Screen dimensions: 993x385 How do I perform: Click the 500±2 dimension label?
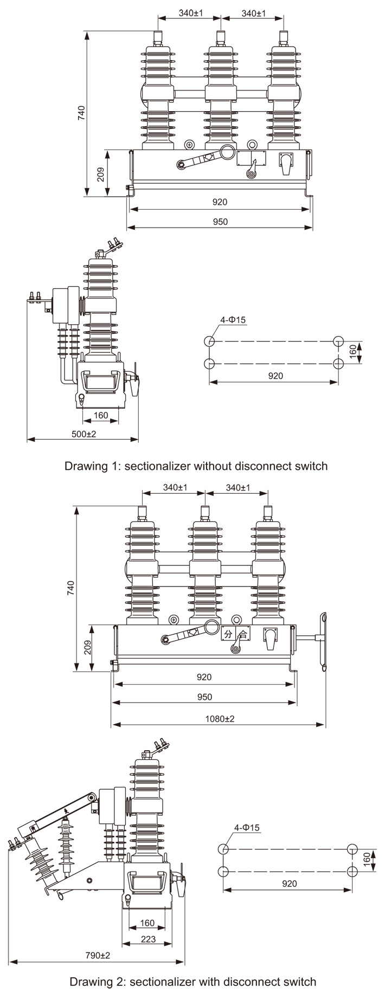(84, 434)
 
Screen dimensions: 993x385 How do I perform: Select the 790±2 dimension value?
(98, 956)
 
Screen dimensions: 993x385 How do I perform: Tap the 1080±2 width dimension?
(220, 719)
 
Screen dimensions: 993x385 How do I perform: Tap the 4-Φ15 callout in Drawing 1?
(233, 320)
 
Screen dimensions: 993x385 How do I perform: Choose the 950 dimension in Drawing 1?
(220, 221)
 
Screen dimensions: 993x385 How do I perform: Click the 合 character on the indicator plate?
(243, 633)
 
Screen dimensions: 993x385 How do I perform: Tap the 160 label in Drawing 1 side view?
(101, 416)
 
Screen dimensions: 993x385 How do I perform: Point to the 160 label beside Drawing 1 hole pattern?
(352, 352)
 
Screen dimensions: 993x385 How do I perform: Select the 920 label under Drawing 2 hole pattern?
(290, 884)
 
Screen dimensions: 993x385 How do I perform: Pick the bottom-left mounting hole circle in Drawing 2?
(222, 872)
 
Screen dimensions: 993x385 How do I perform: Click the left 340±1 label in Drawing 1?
(190, 13)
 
